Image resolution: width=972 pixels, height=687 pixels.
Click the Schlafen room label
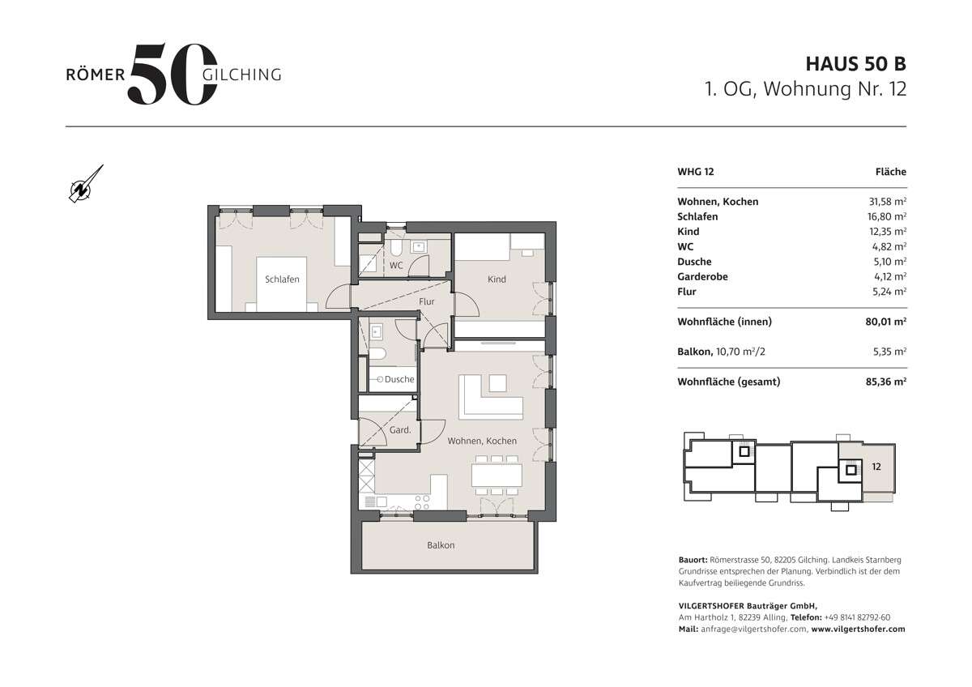coord(282,279)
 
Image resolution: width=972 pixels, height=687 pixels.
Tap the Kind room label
coord(497,279)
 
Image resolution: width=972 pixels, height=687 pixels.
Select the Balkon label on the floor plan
coord(441,545)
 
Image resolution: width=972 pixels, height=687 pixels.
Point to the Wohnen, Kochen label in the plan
coord(482,441)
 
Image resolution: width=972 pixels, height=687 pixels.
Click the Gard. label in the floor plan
coord(400,430)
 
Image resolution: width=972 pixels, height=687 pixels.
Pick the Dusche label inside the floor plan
coord(399,379)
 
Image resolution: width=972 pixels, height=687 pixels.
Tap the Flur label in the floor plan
coord(427,301)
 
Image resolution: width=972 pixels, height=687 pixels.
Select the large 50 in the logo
coord(172,74)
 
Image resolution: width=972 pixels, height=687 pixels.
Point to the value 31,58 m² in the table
coord(886,202)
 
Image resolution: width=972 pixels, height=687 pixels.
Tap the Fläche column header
coord(890,172)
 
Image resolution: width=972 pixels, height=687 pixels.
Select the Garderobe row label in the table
coord(702,276)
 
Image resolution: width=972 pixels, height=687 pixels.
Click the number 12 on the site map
coord(876,467)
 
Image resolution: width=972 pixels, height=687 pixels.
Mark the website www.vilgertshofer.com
coord(858,629)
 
